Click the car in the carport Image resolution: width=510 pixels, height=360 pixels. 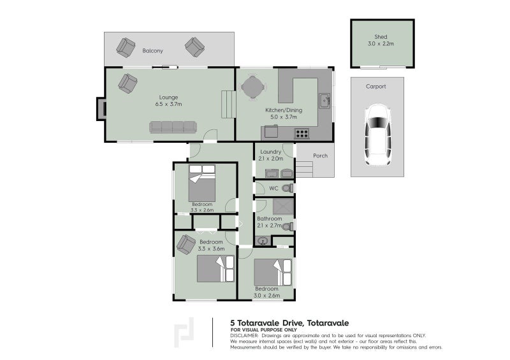[377, 135]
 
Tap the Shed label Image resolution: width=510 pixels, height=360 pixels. [381, 37]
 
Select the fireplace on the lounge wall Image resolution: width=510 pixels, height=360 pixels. [101, 109]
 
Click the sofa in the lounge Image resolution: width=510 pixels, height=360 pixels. [173, 127]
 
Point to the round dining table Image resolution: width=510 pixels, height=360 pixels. [253, 87]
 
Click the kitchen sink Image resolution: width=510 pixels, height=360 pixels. [324, 101]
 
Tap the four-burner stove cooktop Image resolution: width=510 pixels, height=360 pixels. [302, 133]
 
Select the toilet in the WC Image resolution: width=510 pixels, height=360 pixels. [288, 188]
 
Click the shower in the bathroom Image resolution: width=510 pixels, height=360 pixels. [283, 207]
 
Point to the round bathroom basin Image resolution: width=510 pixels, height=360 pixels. [262, 241]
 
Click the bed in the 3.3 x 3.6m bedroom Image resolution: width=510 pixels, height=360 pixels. [215, 269]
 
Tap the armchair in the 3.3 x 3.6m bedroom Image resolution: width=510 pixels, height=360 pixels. [186, 244]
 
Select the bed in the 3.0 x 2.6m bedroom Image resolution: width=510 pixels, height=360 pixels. [273, 272]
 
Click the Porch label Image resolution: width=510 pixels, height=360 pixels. [321, 155]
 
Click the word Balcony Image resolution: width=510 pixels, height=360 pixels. [152, 51]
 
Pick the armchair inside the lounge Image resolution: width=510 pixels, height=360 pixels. [127, 83]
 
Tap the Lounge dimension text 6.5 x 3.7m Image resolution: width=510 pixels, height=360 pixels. [168, 104]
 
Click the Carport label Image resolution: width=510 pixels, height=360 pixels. [375, 87]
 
